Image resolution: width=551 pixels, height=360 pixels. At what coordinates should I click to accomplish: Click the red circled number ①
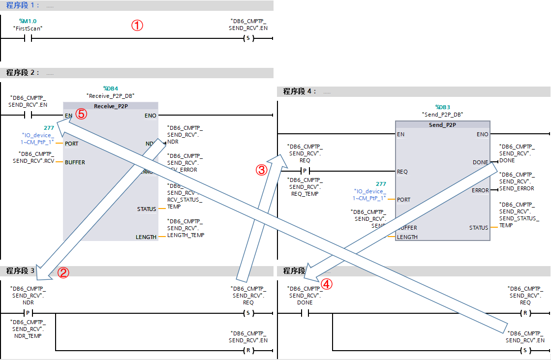click(137, 26)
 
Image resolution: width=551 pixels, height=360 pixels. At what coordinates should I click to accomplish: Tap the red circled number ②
click(63, 272)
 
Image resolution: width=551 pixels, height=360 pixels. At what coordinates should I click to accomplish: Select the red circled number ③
click(262, 170)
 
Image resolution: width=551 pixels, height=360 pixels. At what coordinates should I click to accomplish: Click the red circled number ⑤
click(81, 114)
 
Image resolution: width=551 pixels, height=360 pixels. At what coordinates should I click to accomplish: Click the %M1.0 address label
click(28, 21)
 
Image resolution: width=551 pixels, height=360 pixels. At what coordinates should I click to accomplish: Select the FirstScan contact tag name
click(28, 29)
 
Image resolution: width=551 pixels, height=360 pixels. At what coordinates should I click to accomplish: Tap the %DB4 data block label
click(110, 88)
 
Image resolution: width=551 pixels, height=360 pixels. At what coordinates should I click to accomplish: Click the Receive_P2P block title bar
click(111, 106)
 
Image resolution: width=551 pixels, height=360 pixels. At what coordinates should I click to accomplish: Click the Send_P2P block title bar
click(443, 125)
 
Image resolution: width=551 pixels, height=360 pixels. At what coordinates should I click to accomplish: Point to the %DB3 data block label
click(443, 107)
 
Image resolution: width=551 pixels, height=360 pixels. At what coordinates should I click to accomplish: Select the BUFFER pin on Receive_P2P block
click(75, 162)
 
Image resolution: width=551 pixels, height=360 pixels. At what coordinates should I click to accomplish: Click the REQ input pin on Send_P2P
click(402, 172)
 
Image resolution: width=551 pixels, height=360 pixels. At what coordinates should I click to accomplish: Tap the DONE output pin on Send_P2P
click(480, 162)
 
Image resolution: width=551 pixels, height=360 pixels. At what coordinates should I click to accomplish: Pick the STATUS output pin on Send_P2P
click(479, 228)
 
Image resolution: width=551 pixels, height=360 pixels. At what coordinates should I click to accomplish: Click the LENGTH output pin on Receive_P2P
click(146, 237)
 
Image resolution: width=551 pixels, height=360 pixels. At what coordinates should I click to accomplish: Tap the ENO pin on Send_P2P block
click(483, 134)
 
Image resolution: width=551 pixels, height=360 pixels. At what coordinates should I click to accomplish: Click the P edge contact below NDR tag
click(28, 313)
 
